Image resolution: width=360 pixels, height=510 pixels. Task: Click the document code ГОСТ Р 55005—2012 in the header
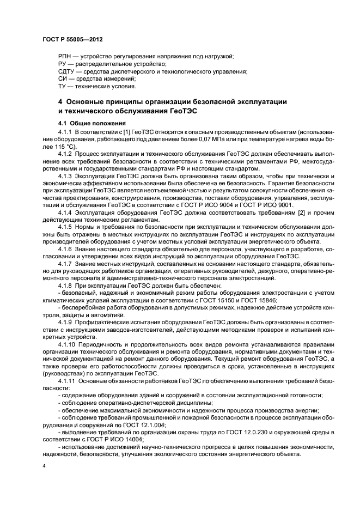(x=72, y=40)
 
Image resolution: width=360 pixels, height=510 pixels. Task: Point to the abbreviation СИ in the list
(x=62, y=78)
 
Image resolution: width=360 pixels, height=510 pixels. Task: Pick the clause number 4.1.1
(x=65, y=132)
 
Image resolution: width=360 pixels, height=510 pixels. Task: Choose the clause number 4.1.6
(x=65, y=248)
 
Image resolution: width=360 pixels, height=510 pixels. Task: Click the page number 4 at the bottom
(x=44, y=467)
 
